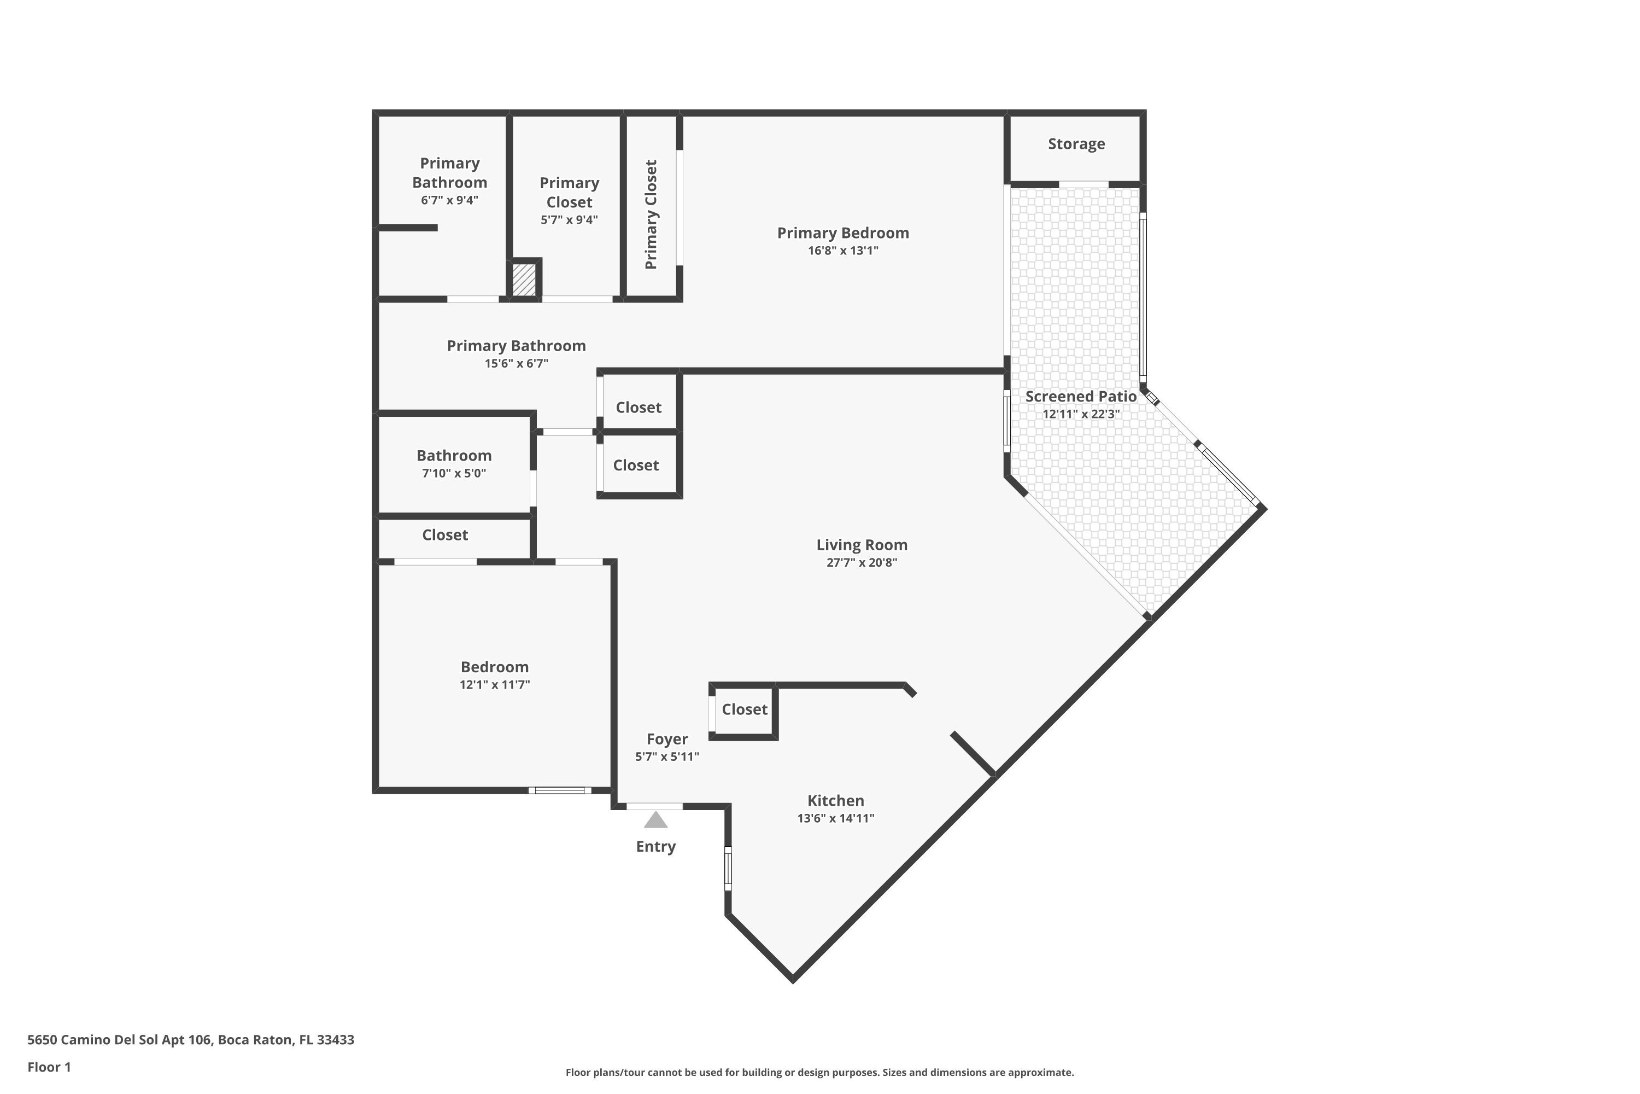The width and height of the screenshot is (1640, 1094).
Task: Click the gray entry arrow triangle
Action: tap(655, 821)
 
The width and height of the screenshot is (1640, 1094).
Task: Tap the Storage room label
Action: tap(1076, 144)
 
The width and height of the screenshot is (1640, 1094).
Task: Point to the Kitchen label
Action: tap(835, 801)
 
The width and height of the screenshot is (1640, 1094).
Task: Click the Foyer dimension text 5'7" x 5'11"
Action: tap(666, 757)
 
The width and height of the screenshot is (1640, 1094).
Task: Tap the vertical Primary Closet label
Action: tap(651, 215)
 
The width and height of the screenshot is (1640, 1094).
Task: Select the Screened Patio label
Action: tap(1080, 396)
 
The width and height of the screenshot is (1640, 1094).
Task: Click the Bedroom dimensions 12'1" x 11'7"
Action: tap(494, 684)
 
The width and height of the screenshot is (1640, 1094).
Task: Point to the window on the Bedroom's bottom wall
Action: tap(559, 790)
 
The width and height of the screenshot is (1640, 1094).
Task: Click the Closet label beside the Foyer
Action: tap(744, 709)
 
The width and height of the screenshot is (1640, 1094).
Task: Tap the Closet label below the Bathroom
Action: tap(445, 535)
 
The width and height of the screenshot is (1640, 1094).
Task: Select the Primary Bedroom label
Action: tap(842, 233)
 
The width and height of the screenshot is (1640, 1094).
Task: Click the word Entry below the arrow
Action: tap(655, 846)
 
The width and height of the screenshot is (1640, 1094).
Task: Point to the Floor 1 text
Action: tap(49, 1067)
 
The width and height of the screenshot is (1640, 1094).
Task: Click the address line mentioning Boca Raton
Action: tap(190, 1040)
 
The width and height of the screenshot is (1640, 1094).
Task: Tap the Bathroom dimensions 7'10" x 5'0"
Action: tap(453, 473)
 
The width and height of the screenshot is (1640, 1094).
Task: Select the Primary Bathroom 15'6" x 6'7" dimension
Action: tap(516, 364)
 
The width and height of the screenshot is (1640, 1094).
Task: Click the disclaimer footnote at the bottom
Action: tap(819, 1072)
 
